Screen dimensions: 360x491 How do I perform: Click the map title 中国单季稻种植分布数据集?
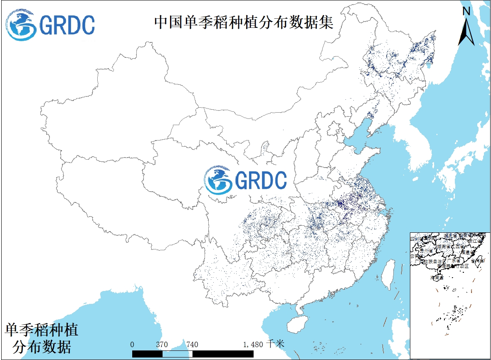click(x=244, y=22)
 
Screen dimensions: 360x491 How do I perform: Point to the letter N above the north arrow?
click(x=466, y=12)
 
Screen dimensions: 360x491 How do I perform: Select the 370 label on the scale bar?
click(x=162, y=345)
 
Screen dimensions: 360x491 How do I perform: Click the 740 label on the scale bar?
click(x=192, y=345)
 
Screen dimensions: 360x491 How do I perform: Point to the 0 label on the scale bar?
click(x=132, y=345)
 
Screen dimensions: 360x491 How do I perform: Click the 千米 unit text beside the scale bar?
click(x=276, y=344)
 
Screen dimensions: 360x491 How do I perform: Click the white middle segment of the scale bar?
click(x=177, y=354)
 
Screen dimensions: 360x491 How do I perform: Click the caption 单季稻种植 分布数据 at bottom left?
click(x=42, y=338)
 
